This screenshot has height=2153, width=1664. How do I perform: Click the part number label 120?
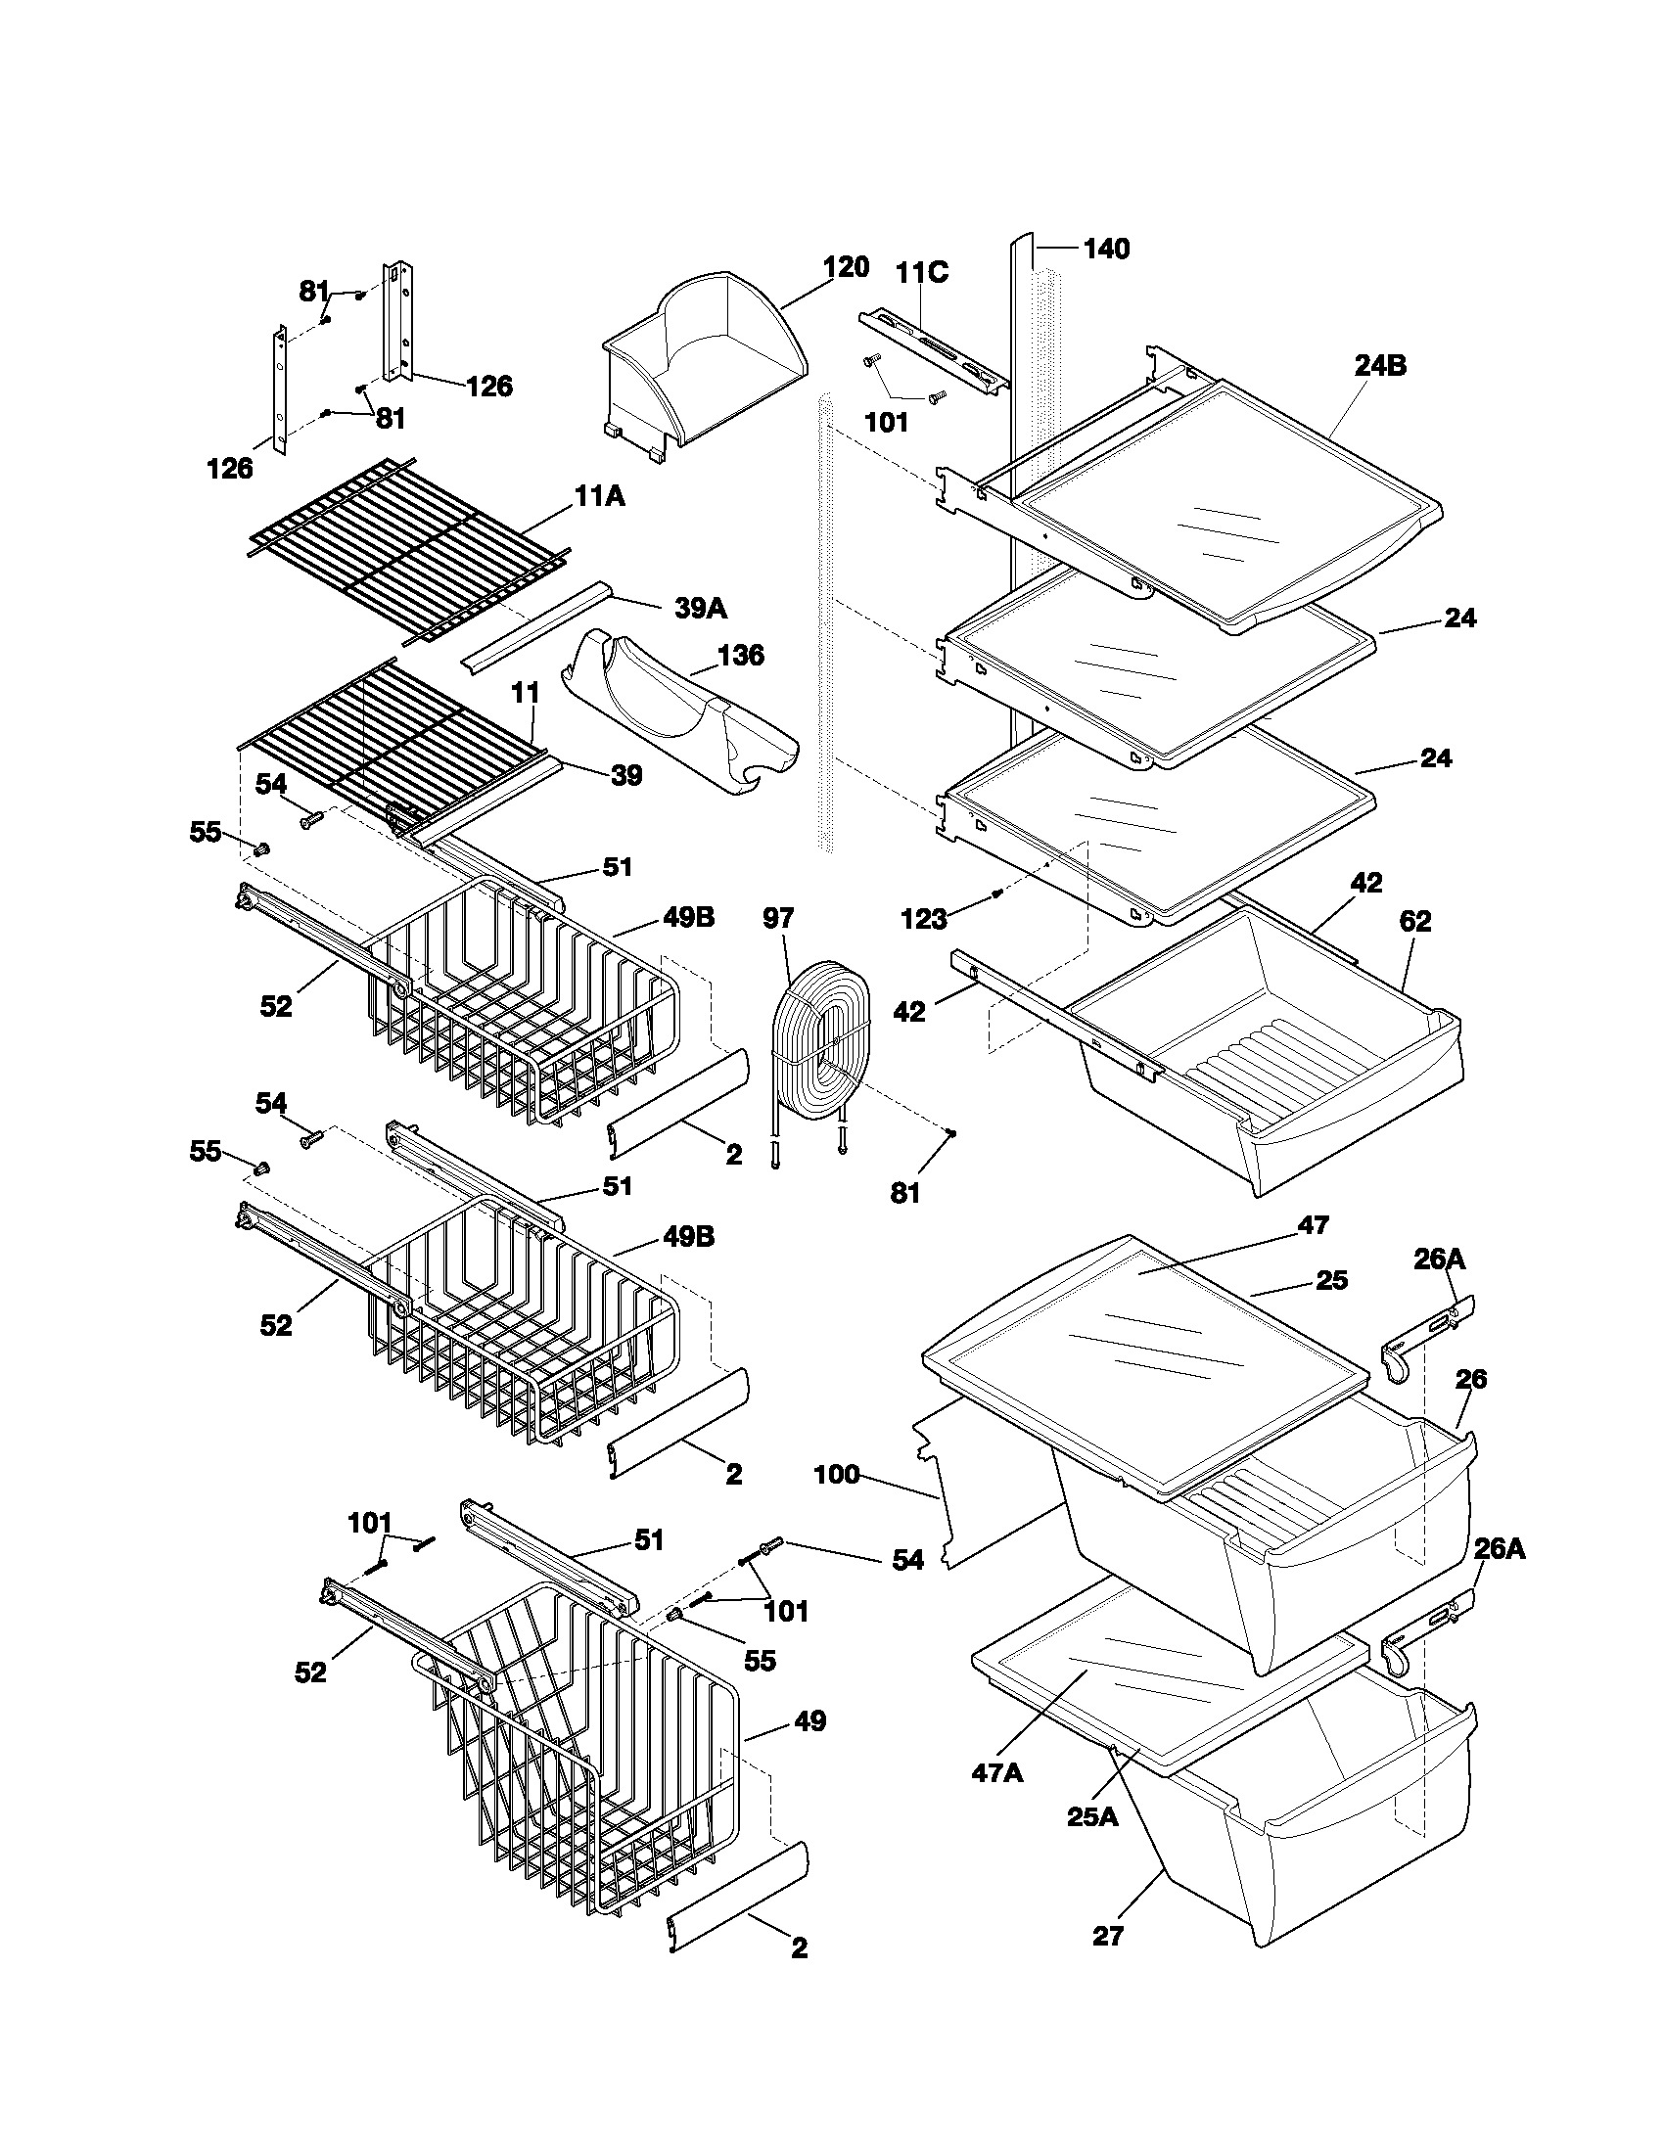(x=846, y=267)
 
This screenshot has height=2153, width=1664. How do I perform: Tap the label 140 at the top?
(x=1106, y=250)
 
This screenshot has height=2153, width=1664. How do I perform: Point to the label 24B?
(x=1379, y=366)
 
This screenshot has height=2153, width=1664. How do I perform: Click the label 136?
(x=740, y=655)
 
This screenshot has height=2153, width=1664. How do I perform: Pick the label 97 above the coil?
(x=778, y=919)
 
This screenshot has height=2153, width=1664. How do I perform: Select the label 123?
(x=924, y=920)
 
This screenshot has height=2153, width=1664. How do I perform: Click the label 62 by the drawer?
(x=1414, y=922)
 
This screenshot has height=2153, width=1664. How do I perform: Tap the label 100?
(x=837, y=1476)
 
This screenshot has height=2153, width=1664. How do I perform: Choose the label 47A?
(x=996, y=1800)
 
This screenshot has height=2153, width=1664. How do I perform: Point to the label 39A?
(x=701, y=609)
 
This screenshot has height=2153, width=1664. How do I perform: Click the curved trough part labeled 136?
(x=680, y=724)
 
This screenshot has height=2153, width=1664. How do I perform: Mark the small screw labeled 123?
(x=996, y=893)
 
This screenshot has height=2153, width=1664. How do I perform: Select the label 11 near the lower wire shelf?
(x=526, y=693)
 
